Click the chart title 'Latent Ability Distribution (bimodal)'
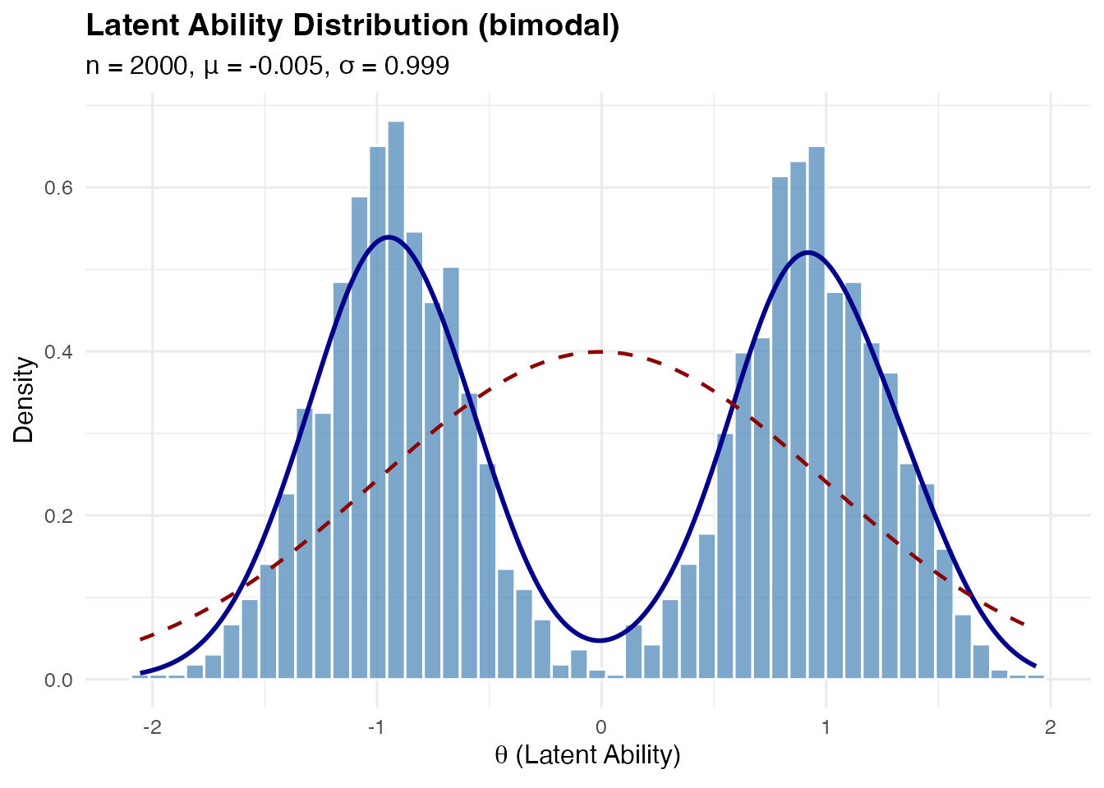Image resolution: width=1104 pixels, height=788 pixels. tap(352, 26)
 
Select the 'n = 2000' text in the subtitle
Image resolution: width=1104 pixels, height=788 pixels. tap(137, 66)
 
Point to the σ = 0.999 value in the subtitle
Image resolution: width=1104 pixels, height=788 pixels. tap(394, 66)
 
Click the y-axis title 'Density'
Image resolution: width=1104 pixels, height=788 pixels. tap(24, 399)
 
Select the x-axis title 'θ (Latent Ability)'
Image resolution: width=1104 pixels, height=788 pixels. tap(587, 754)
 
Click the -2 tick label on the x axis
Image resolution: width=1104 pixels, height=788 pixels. tap(151, 727)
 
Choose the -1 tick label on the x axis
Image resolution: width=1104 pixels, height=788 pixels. tap(375, 727)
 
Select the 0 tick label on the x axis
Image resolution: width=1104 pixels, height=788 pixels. tap(601, 727)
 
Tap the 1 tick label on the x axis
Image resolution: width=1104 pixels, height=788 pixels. tap(826, 727)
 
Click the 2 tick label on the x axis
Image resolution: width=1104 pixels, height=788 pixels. tap(1050, 727)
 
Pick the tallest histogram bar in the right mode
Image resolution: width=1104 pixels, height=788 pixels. tap(816, 410)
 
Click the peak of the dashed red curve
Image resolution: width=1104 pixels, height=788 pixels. tap(600, 351)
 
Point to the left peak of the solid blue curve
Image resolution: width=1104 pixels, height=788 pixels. tap(388, 237)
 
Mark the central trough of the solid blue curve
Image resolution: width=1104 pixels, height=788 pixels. tap(600, 639)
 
